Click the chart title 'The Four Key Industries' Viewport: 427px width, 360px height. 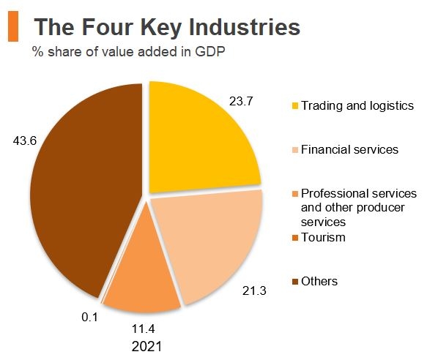[x=167, y=27]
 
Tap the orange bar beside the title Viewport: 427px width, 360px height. [x=12, y=27]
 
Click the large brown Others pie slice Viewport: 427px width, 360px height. [x=81, y=190]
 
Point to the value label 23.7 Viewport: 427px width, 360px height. [x=241, y=102]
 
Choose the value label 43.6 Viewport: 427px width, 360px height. [x=24, y=140]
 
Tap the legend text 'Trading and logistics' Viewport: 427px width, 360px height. [x=357, y=106]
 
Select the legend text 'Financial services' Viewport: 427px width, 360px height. [x=349, y=150]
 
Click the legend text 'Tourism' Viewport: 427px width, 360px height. [x=322, y=238]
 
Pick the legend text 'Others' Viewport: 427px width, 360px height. [x=319, y=282]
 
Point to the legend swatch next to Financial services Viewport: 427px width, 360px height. [x=295, y=151]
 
